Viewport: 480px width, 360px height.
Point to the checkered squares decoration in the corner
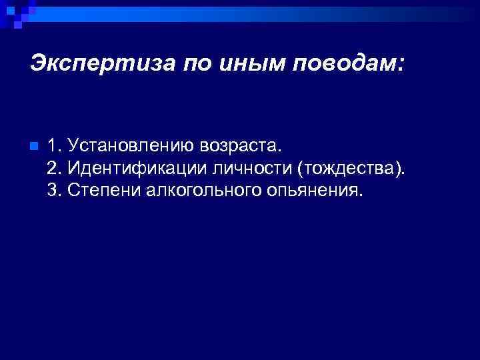pyautogui.click(x=15, y=13)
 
